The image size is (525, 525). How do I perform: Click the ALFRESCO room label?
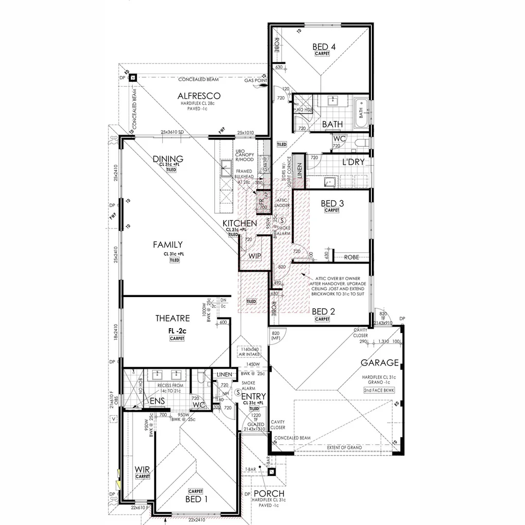[x=199, y=96]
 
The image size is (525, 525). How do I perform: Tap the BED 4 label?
[x=324, y=47]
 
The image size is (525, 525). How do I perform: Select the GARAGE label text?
[x=380, y=363]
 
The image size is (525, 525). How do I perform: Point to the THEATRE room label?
[x=173, y=318]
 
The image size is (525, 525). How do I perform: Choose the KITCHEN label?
[x=240, y=223]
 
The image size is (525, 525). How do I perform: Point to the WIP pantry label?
[x=255, y=256]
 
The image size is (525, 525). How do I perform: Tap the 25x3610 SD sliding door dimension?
[x=173, y=133]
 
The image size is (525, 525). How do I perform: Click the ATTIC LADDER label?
[x=282, y=202]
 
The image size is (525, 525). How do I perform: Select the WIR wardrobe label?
[x=142, y=470]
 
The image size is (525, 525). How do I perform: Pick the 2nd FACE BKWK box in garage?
[x=379, y=390]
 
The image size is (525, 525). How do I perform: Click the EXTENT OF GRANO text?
[x=347, y=447]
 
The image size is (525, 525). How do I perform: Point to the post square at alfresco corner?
[x=133, y=78]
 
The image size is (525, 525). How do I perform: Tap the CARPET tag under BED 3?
[x=332, y=211]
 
